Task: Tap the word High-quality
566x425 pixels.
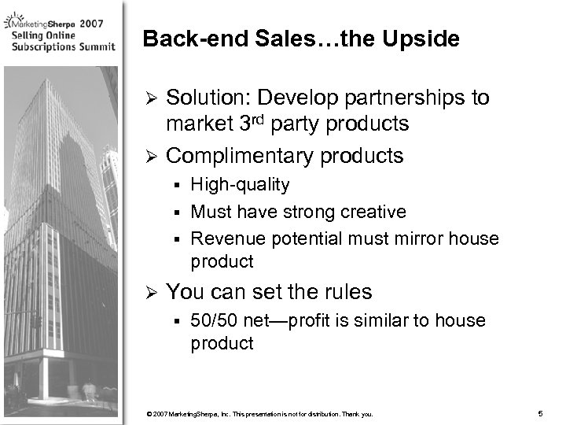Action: point(240,186)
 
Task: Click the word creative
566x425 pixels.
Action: point(375,212)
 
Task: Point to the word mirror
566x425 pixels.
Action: point(428,238)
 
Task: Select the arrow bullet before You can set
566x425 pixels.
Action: point(153,293)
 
